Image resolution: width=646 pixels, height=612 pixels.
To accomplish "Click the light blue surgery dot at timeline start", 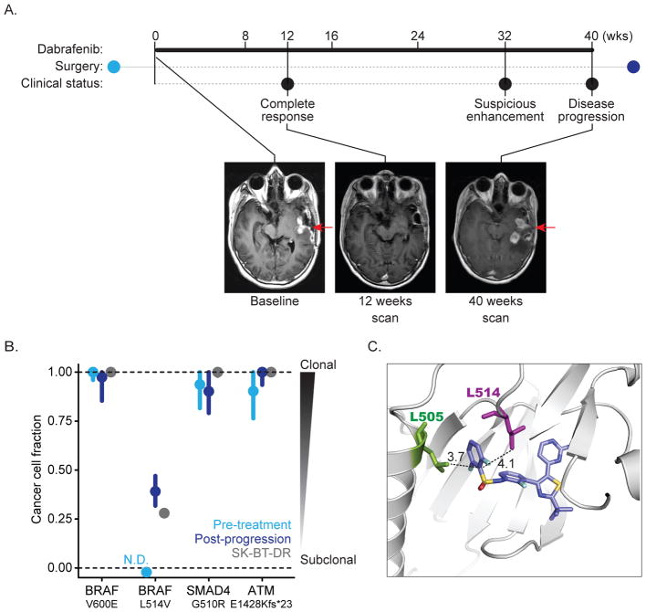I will pos(113,66).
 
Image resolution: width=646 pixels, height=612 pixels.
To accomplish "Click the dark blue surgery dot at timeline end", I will pos(634,66).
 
